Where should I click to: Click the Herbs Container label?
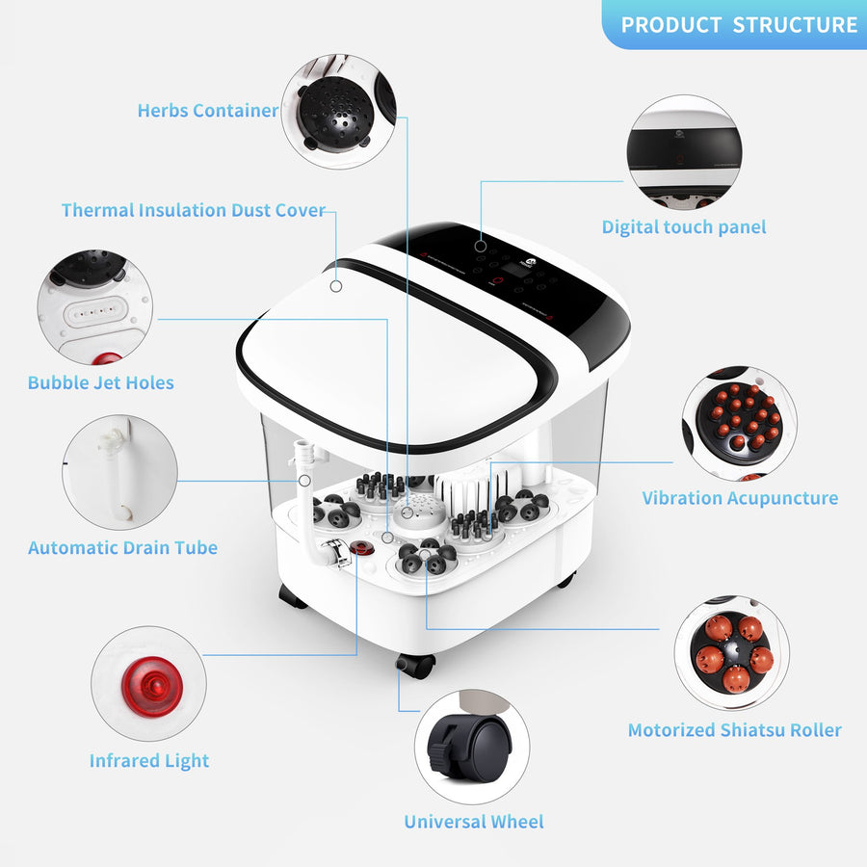click(x=208, y=111)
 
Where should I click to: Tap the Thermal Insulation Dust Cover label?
click(x=193, y=210)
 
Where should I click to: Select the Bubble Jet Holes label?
click(x=100, y=382)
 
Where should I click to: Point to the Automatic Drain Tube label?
click(x=122, y=547)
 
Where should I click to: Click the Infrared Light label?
click(x=149, y=761)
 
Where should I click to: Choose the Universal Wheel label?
click(x=474, y=822)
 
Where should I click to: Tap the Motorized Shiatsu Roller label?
click(x=735, y=730)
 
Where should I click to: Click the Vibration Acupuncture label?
click(x=740, y=498)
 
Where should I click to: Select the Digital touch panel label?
click(x=684, y=227)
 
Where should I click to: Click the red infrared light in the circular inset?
click(x=152, y=687)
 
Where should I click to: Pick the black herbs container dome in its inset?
click(x=335, y=113)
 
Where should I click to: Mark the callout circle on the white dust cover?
click(x=335, y=286)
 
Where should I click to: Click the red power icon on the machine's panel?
click(x=498, y=280)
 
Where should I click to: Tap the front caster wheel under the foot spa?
click(x=415, y=665)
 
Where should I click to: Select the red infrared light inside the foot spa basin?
click(x=362, y=548)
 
